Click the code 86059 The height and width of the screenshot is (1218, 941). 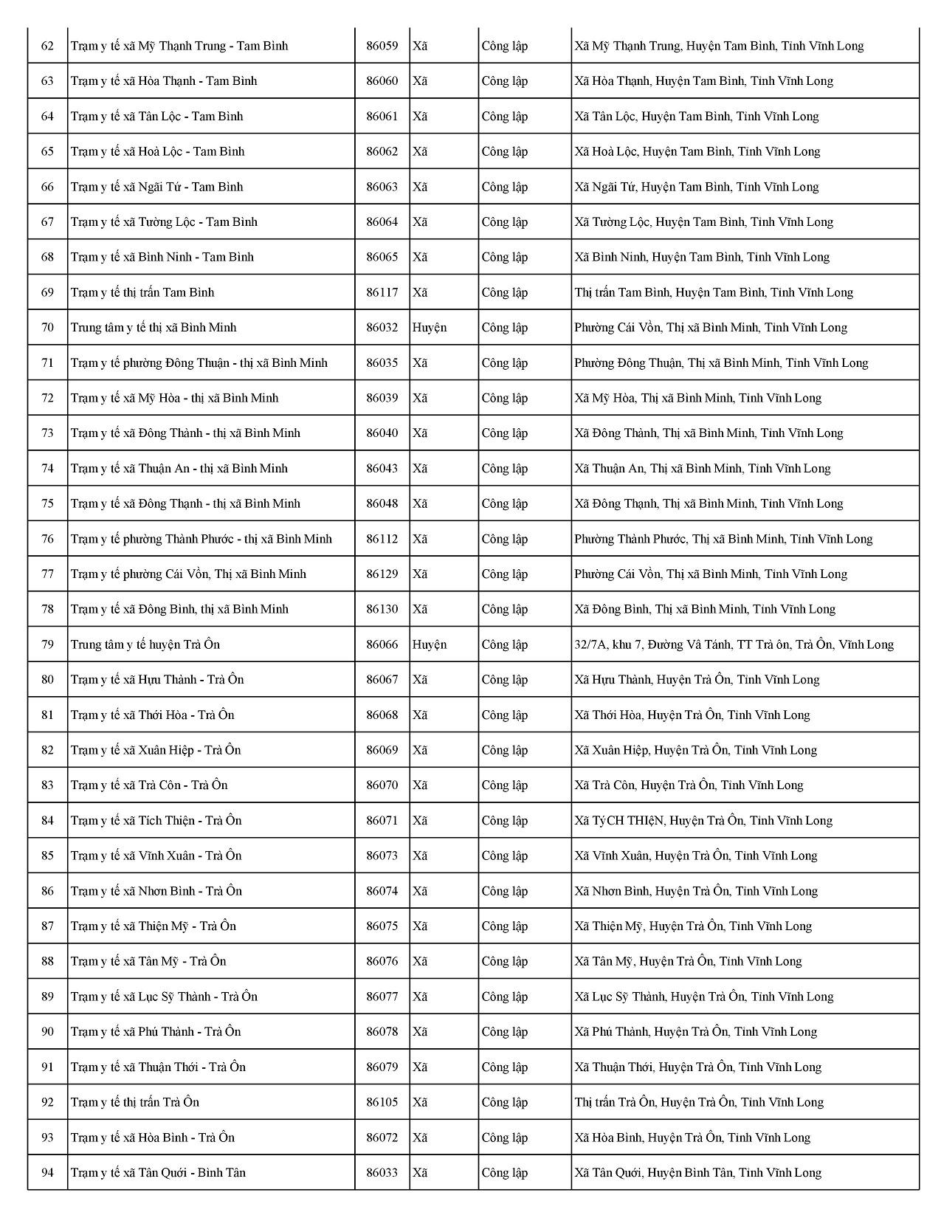[x=382, y=46]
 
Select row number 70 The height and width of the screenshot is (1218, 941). [x=47, y=328]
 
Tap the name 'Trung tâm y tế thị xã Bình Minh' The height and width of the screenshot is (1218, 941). [x=154, y=328]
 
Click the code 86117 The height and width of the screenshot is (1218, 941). [x=382, y=292]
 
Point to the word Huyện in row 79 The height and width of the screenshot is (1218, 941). [x=429, y=644]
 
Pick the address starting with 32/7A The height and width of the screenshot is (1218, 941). [x=734, y=644]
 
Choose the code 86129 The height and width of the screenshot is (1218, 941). [x=382, y=574]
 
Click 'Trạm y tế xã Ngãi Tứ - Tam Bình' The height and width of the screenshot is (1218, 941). [x=156, y=187]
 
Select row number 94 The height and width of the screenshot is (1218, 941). [x=47, y=1173]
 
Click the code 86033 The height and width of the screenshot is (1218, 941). [x=382, y=1173]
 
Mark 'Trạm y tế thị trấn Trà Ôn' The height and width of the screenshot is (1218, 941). [x=135, y=1102]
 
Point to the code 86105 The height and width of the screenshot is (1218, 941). [x=382, y=1102]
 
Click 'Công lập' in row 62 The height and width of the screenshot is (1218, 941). [x=505, y=46]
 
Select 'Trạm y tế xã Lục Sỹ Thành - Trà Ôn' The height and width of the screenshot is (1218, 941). [x=164, y=997]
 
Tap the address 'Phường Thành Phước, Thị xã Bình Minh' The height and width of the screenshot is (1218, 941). [x=723, y=539]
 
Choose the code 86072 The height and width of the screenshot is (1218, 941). [x=382, y=1138]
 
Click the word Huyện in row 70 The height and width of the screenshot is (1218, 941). [x=429, y=328]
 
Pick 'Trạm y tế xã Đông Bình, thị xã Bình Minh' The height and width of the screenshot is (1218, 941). [x=179, y=609]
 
